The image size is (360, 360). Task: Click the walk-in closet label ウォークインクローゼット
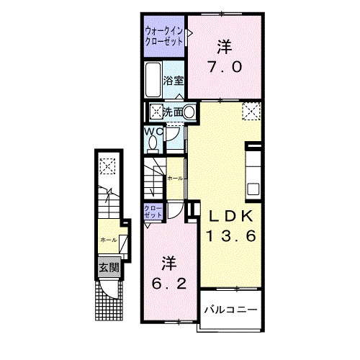coord(163,36)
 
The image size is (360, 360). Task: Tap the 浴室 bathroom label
coord(173,80)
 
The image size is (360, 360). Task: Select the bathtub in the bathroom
coord(153,80)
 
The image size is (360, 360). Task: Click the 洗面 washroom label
coord(172,112)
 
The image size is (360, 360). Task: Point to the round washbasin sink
coord(189,112)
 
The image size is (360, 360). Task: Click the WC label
coord(153,132)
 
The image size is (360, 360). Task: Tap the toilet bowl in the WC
coord(152,143)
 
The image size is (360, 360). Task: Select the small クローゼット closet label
coord(153,212)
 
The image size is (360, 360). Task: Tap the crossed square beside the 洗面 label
coord(156,112)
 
